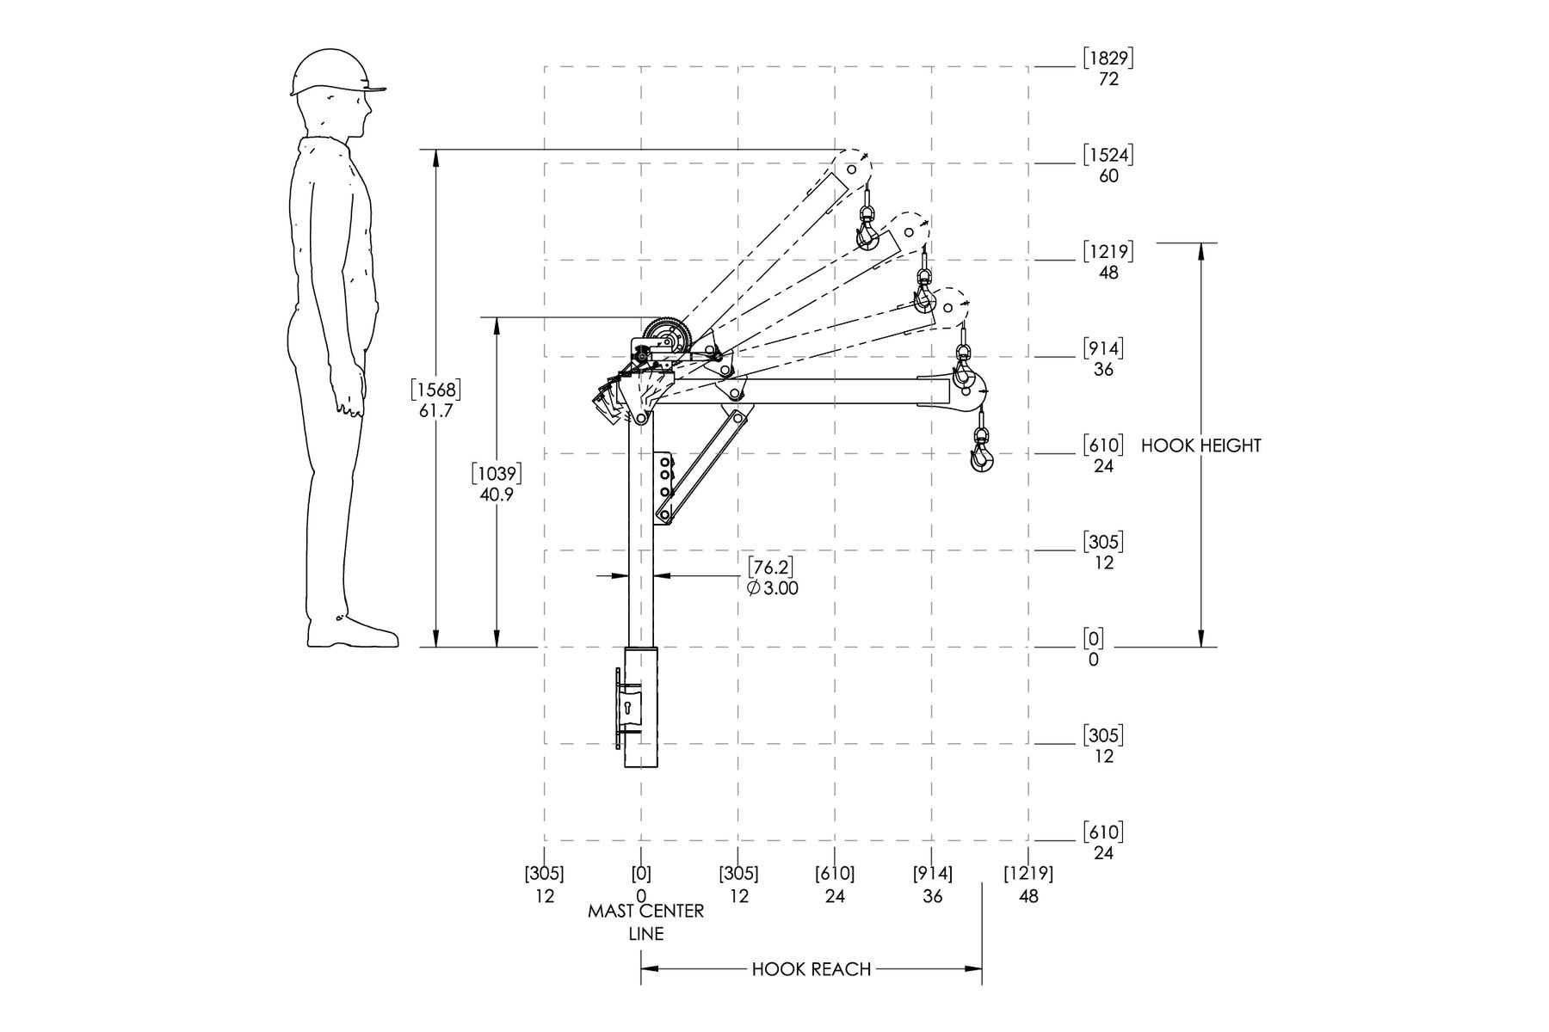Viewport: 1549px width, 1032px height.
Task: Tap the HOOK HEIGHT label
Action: pyautogui.click(x=1200, y=445)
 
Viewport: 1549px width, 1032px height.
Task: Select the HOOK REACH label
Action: pyautogui.click(x=812, y=969)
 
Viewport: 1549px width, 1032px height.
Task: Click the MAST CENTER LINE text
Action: pyautogui.click(x=645, y=922)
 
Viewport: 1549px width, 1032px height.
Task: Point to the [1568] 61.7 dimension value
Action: pyautogui.click(x=435, y=400)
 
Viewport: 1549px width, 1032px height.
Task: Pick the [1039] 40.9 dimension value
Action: pyautogui.click(x=497, y=484)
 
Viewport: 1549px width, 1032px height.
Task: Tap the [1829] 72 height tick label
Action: pyautogui.click(x=1108, y=68)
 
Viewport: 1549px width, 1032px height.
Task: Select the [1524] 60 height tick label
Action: pyautogui.click(x=1108, y=165)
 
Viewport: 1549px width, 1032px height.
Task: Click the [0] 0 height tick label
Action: pyautogui.click(x=1094, y=648)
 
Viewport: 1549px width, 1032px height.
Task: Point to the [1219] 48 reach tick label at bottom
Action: pyautogui.click(x=1028, y=885)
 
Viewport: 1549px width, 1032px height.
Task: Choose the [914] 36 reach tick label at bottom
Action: pyautogui.click(x=933, y=885)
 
